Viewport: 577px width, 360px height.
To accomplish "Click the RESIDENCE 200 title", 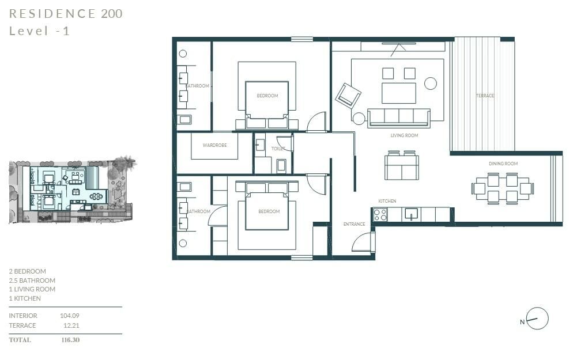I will pyautogui.click(x=66, y=14).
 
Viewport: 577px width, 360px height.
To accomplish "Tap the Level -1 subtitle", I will pyautogui.click(x=40, y=31).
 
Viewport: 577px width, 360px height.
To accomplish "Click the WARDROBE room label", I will pyautogui.click(x=214, y=146).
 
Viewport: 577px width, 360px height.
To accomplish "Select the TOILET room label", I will pyautogui.click(x=278, y=149).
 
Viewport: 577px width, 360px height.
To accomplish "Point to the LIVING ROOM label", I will pyautogui.click(x=404, y=136).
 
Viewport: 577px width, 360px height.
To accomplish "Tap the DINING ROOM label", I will pyautogui.click(x=503, y=164).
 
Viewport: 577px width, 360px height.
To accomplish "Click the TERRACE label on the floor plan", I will pyautogui.click(x=485, y=96).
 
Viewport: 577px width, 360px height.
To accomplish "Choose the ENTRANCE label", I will pyautogui.click(x=354, y=224).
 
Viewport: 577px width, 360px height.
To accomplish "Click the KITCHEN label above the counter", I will pyautogui.click(x=387, y=201).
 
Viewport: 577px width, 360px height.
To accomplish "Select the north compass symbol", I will pyautogui.click(x=537, y=319).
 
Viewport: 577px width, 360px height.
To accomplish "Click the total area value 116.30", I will pyautogui.click(x=70, y=340).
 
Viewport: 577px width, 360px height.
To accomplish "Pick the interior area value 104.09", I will pyautogui.click(x=70, y=316).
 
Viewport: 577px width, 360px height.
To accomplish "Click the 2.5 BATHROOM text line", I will pyautogui.click(x=32, y=281).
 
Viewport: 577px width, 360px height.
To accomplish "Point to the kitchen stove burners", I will pyautogui.click(x=380, y=215).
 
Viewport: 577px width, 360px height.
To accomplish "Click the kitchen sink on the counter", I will pyautogui.click(x=412, y=214).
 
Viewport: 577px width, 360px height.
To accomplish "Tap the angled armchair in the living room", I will pyautogui.click(x=348, y=96).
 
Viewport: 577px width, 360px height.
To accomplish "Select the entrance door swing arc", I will pyautogui.click(x=362, y=242).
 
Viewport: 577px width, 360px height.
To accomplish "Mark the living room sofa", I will pyautogui.click(x=399, y=118).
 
